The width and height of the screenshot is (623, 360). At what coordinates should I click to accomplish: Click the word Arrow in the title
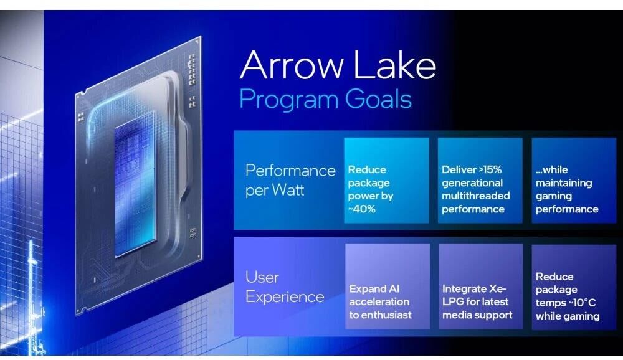tap(292, 65)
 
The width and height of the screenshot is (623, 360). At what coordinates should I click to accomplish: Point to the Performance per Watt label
tap(290, 180)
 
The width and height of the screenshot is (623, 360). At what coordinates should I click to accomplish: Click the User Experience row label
tap(285, 287)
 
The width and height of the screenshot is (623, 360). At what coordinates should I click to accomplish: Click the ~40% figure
tap(361, 209)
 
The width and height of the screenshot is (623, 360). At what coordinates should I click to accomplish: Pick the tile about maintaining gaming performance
tap(574, 181)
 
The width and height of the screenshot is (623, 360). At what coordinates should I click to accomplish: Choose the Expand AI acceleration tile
tap(388, 286)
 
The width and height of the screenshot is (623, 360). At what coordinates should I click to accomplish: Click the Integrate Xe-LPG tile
tap(480, 286)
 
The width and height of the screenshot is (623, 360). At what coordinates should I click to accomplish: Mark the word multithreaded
tap(475, 196)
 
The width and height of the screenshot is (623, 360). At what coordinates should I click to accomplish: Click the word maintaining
tap(564, 182)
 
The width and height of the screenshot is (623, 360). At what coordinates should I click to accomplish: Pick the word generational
tap(472, 182)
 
